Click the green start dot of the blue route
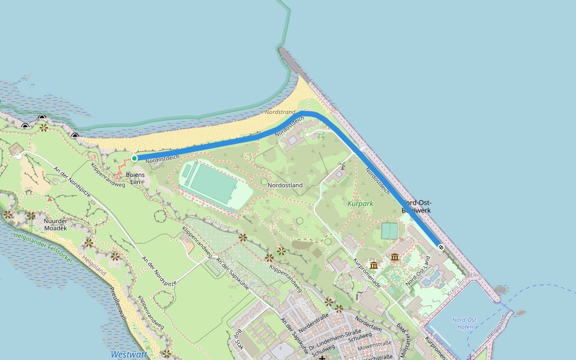(x=134, y=158)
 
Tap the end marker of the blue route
(x=441, y=247)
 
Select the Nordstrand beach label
(x=280, y=112)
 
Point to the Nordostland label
(x=285, y=185)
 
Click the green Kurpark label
(x=360, y=203)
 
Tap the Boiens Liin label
(x=134, y=178)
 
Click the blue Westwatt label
(x=128, y=355)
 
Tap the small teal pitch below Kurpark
(x=389, y=230)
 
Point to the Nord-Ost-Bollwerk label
(x=416, y=207)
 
